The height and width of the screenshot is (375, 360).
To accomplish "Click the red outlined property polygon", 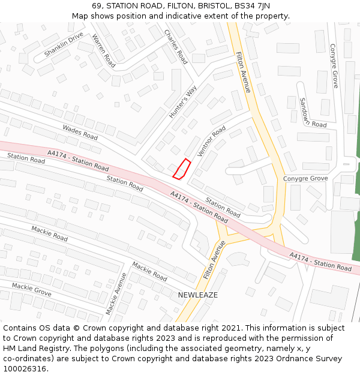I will click(181, 169).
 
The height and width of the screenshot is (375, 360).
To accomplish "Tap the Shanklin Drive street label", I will click(64, 44).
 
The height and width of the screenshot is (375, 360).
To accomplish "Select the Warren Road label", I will click(103, 50).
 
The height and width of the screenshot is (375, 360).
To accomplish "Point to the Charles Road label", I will click(176, 46).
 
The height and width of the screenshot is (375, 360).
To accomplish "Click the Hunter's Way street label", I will click(183, 101).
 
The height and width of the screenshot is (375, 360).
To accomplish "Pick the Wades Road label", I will click(80, 132).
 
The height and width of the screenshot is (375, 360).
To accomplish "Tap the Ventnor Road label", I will click(211, 141).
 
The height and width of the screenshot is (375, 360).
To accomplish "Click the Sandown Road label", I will click(312, 113).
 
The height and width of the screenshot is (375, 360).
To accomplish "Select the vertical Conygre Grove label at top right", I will click(335, 65).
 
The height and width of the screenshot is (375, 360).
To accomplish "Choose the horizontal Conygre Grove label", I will click(305, 179).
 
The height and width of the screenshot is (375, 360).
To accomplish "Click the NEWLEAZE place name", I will click(198, 295).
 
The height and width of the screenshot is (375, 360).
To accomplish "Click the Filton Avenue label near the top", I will click(243, 72).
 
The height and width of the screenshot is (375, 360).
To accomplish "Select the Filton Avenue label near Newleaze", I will click(214, 259).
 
